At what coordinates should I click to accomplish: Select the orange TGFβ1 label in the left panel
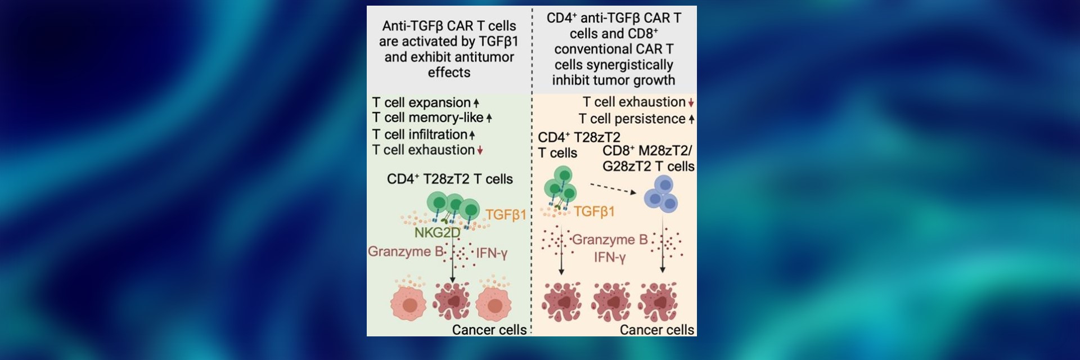click(506, 215)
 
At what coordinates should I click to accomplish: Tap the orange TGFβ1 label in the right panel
click(594, 212)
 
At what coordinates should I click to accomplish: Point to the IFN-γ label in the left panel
click(492, 253)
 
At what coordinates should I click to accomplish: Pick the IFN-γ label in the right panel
click(610, 258)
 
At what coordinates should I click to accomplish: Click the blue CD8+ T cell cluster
click(661, 194)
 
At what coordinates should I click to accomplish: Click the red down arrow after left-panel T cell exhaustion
click(480, 151)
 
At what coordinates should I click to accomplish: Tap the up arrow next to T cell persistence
click(691, 119)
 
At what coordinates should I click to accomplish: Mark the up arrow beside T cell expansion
click(476, 103)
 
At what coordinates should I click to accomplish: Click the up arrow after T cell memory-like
click(489, 118)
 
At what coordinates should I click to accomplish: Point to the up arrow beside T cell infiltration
click(472, 135)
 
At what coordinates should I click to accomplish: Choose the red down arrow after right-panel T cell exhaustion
click(691, 103)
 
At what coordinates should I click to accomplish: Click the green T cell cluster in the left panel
click(453, 206)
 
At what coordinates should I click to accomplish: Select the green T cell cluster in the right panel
click(560, 186)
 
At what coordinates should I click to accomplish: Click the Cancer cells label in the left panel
click(489, 330)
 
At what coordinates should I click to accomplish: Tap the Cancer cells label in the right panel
click(656, 330)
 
